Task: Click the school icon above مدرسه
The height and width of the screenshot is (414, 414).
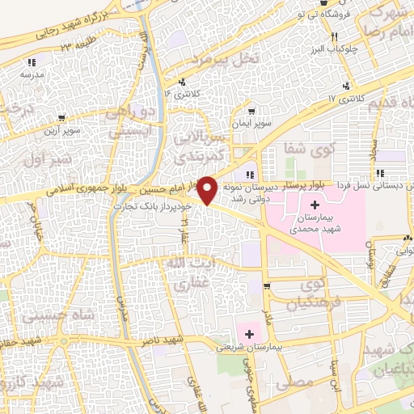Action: pos(32,61)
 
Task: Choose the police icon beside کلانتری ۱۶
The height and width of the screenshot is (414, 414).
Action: pos(183,82)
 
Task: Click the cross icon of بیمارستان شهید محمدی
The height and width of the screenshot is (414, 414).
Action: pos(315,199)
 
